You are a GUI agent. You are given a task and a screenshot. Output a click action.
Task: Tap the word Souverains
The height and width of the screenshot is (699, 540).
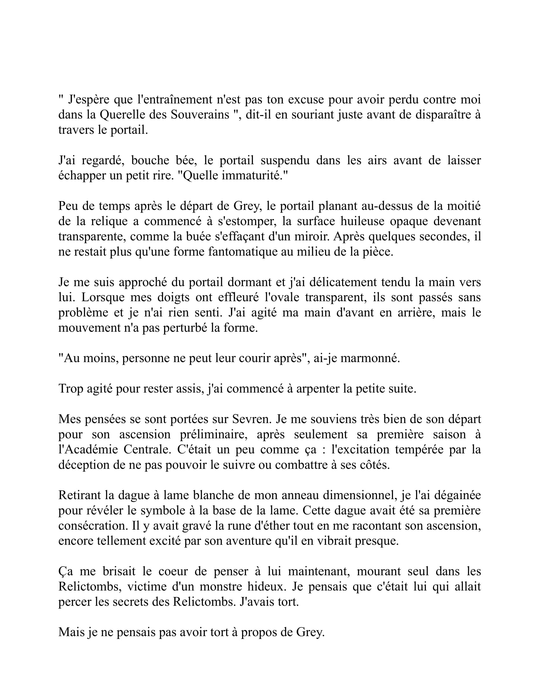[200, 115]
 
